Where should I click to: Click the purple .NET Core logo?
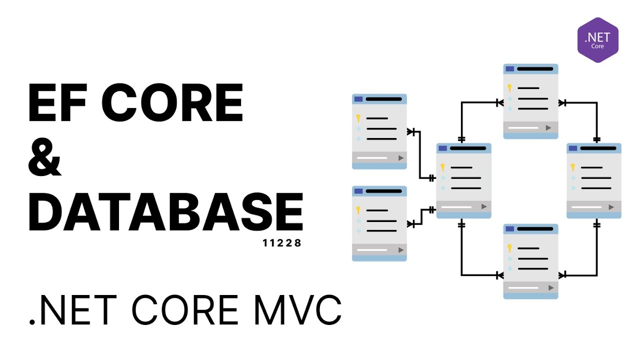(x=598, y=40)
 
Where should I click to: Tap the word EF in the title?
(x=59, y=103)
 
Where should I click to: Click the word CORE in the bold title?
(x=172, y=103)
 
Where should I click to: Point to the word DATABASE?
(x=165, y=212)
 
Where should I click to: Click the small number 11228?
(x=282, y=244)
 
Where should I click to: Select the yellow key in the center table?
(x=442, y=167)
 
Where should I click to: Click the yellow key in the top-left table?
(x=358, y=118)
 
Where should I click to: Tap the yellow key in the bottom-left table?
(x=358, y=210)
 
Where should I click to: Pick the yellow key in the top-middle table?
(x=509, y=88)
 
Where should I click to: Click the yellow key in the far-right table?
(x=573, y=167)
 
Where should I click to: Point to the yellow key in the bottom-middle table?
(x=509, y=248)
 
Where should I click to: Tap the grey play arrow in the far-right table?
(x=611, y=206)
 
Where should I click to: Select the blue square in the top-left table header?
(x=358, y=99)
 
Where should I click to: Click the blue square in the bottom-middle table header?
(x=509, y=229)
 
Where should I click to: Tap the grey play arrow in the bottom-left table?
(x=400, y=249)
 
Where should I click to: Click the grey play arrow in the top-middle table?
(x=549, y=128)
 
